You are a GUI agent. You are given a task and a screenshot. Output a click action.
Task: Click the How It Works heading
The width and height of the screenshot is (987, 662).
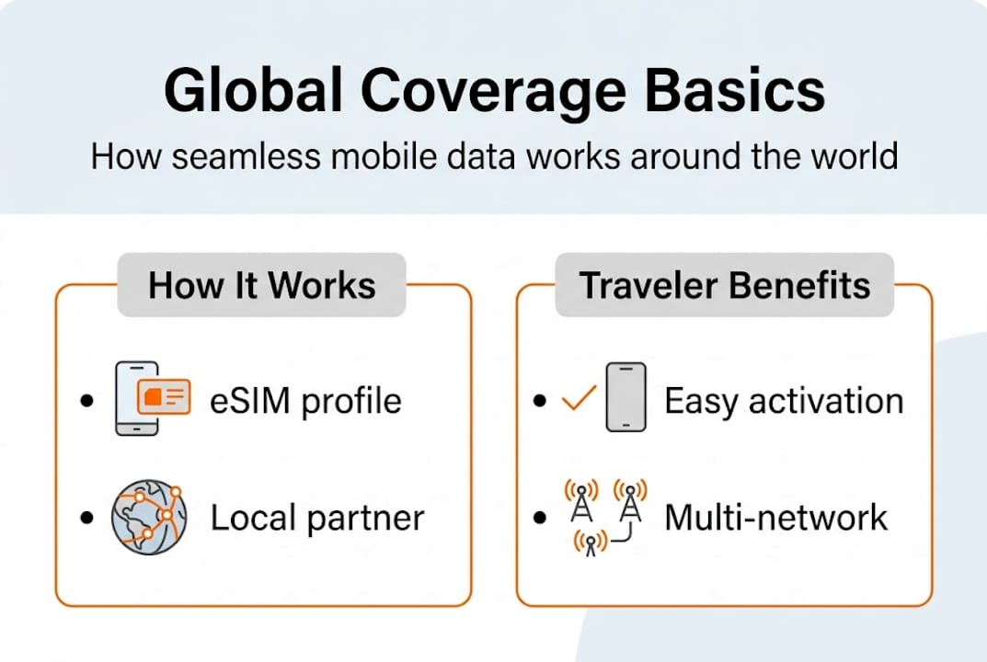pyautogui.click(x=262, y=285)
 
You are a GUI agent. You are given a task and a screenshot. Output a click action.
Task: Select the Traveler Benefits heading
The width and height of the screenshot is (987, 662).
pyautogui.click(x=724, y=285)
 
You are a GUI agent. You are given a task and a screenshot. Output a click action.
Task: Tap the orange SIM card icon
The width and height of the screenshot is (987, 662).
pyautogui.click(x=163, y=396)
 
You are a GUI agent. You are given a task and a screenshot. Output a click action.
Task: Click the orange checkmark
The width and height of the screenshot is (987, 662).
pyautogui.click(x=579, y=399)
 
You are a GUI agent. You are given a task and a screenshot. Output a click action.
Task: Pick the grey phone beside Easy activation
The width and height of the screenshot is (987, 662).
pyautogui.click(x=625, y=397)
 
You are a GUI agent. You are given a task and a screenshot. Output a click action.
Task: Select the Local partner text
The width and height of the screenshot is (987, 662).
pyautogui.click(x=316, y=518)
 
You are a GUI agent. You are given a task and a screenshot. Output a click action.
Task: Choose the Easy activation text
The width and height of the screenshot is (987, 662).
pyautogui.click(x=784, y=401)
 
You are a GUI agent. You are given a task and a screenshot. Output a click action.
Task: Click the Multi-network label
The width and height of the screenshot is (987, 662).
pyautogui.click(x=775, y=518)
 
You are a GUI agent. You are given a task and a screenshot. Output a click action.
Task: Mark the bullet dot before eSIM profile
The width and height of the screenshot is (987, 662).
pyautogui.click(x=87, y=402)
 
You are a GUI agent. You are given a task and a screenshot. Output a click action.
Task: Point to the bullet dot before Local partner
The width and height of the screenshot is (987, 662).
pyautogui.click(x=87, y=519)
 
